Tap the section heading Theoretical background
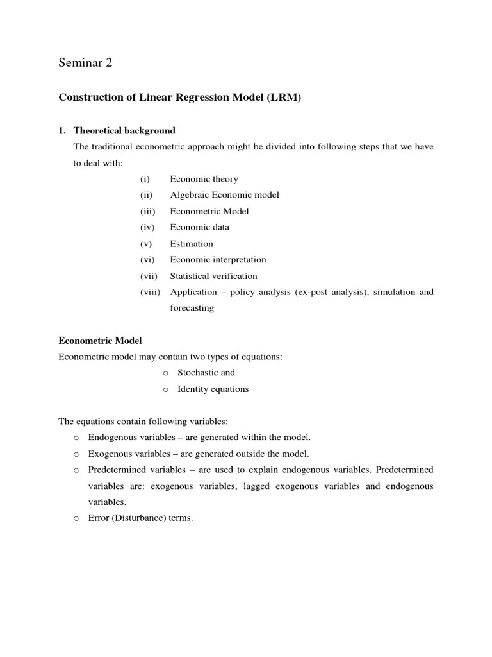(124, 130)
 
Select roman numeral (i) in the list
(145, 179)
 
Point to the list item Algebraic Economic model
(224, 195)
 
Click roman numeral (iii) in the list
(149, 211)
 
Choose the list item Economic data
(199, 227)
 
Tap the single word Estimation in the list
(192, 244)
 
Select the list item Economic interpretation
(218, 260)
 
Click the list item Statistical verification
(213, 276)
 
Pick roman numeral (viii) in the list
(152, 292)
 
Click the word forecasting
(192, 308)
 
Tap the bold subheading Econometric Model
(100, 340)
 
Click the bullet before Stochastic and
(165, 373)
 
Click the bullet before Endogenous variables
(76, 438)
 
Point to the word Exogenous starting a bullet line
(110, 454)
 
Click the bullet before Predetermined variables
(76, 470)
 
